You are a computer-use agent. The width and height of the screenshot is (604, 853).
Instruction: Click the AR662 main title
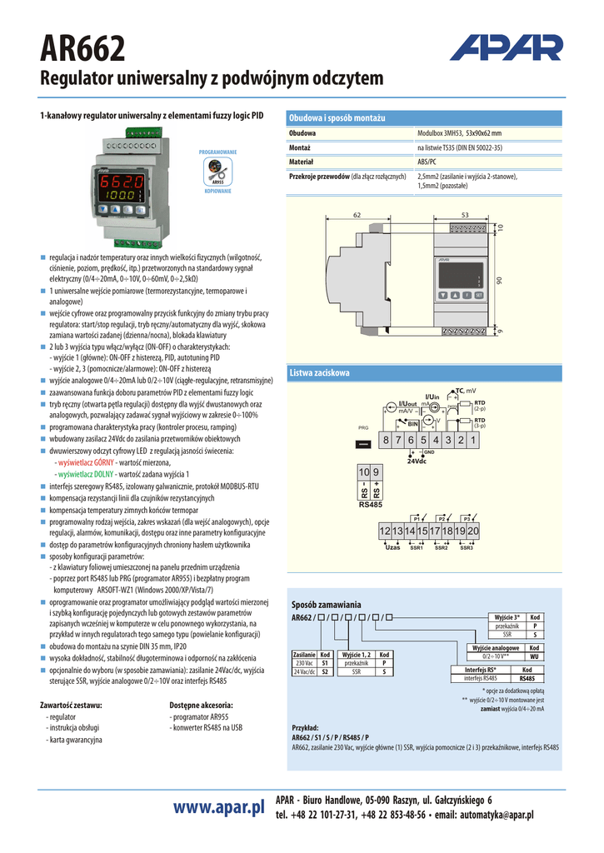click(x=82, y=50)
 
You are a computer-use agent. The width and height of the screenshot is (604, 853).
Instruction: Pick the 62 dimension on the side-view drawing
click(x=357, y=216)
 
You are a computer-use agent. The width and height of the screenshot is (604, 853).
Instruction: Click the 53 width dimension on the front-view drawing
click(x=465, y=216)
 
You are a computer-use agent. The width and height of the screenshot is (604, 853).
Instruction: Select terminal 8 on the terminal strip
click(x=387, y=440)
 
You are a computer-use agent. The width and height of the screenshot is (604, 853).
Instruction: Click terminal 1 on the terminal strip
click(x=472, y=440)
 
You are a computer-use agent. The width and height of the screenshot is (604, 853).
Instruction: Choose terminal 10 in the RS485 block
click(x=364, y=472)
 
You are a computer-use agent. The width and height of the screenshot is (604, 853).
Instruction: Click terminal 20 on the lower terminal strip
click(x=473, y=531)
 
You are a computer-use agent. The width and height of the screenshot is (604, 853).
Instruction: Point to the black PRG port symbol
click(x=363, y=443)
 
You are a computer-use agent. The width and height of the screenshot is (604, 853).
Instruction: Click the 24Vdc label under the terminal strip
click(x=417, y=461)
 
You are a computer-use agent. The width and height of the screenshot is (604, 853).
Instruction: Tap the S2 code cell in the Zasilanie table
click(x=326, y=671)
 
